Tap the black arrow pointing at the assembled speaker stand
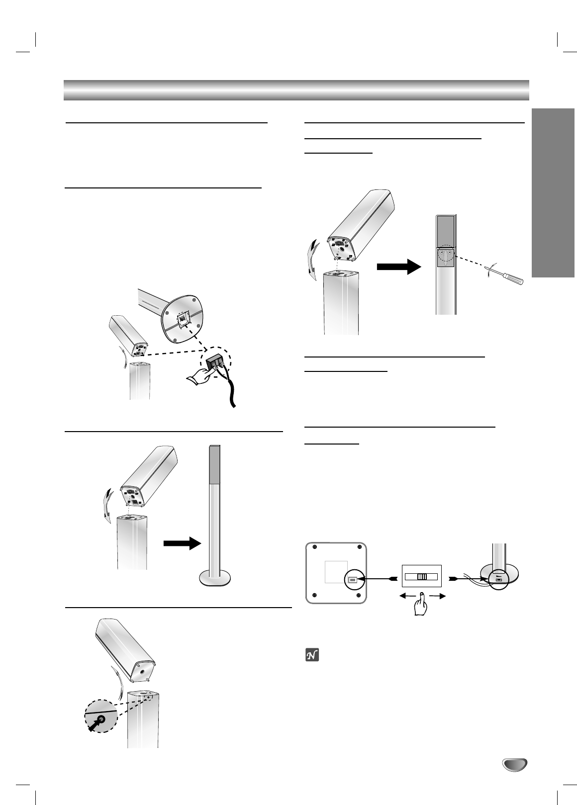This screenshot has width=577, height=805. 183,544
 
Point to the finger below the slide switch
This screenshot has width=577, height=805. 421,604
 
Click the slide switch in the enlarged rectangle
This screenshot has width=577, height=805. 422,577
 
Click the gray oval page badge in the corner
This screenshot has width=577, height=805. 514,764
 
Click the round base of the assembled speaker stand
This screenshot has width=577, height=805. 215,578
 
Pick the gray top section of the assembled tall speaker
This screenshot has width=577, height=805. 214,464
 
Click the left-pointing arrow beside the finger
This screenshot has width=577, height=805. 407,595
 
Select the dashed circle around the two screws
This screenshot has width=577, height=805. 445,254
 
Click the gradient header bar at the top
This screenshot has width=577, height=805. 296,89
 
